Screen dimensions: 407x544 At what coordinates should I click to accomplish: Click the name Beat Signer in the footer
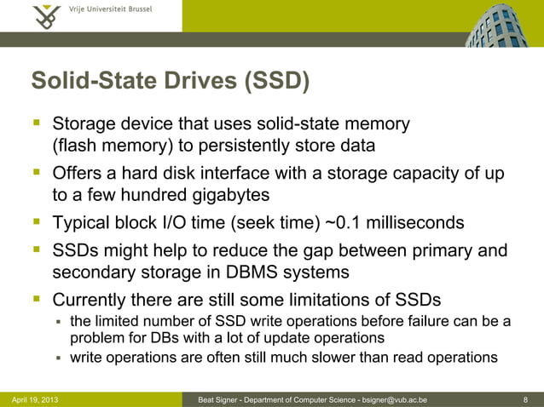pyautogui.click(x=219, y=398)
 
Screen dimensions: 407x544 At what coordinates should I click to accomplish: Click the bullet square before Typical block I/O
pyautogui.click(x=37, y=223)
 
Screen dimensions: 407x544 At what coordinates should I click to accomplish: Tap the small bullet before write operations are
pyautogui.click(x=59, y=358)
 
